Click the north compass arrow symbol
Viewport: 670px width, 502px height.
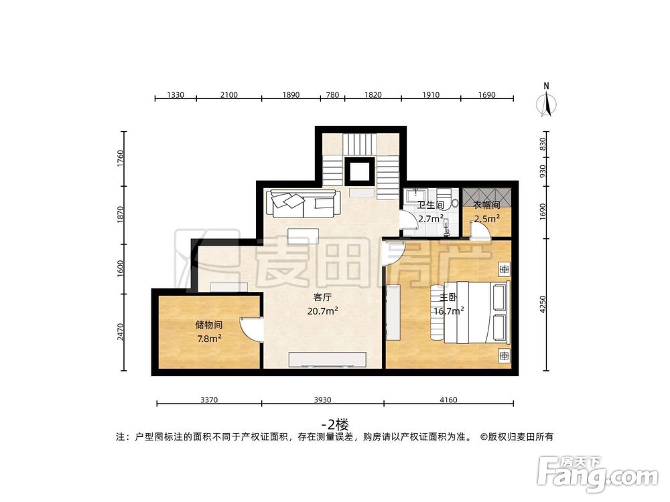(547, 102)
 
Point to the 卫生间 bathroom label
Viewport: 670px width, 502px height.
(430, 205)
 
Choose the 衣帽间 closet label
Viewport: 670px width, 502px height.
(487, 205)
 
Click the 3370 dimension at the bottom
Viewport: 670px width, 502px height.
(209, 400)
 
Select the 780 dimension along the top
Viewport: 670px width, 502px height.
(332, 95)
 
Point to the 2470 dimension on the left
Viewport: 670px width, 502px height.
(121, 332)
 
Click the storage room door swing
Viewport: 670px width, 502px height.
(251, 329)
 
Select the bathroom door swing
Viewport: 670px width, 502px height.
(408, 220)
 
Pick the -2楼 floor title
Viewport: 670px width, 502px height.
(335, 424)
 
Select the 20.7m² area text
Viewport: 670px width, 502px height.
(322, 311)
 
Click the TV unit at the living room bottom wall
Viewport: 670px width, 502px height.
(328, 359)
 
